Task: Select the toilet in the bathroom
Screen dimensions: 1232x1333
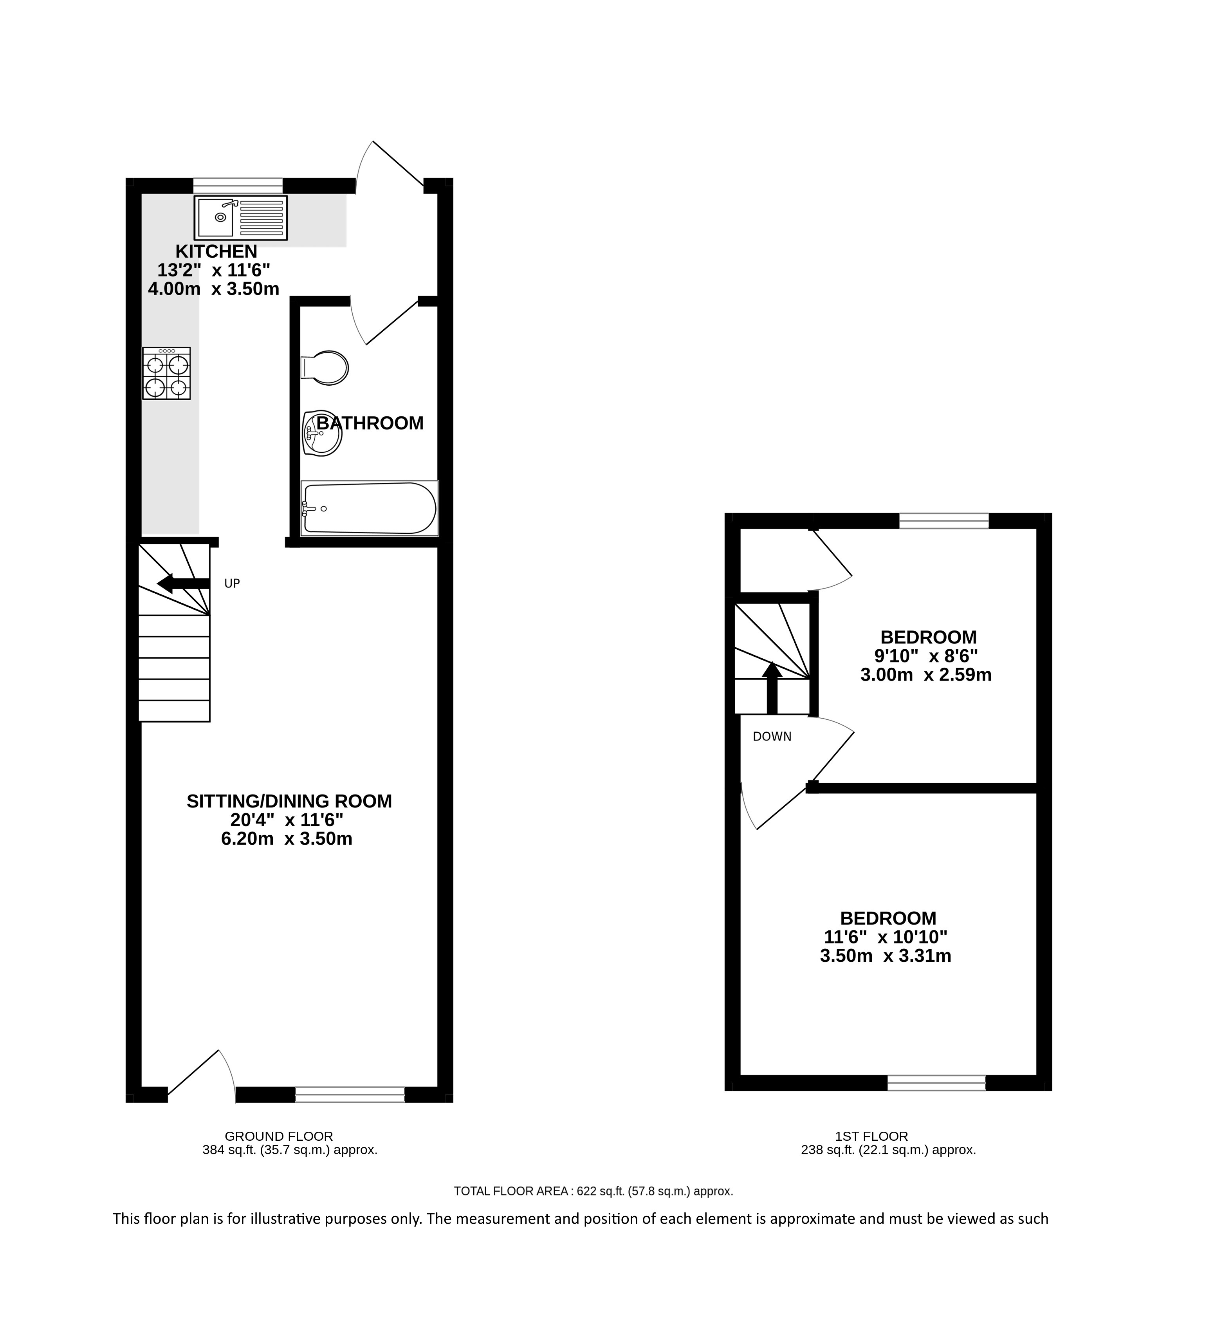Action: (x=325, y=367)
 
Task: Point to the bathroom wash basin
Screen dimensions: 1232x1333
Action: (x=322, y=433)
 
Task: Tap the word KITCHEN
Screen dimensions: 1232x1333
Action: (x=216, y=251)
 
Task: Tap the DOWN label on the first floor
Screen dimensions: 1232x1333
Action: (x=772, y=737)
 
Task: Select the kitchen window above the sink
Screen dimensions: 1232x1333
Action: (x=238, y=185)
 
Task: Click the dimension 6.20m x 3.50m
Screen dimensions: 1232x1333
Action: (x=287, y=838)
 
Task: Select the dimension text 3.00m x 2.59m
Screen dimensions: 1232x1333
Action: (x=926, y=674)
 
